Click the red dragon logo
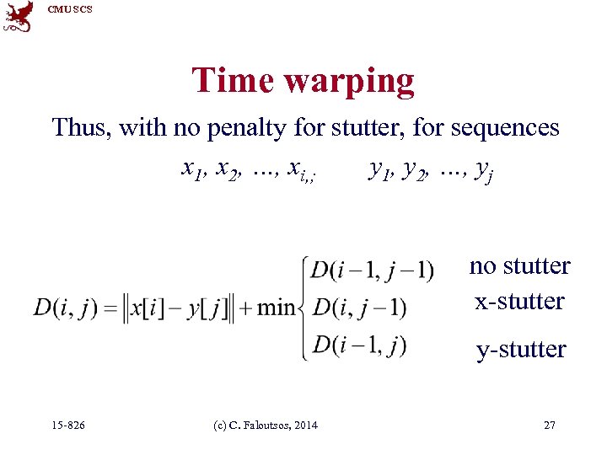point(19,16)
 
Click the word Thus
point(81,127)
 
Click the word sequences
point(505,127)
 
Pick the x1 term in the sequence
point(194,170)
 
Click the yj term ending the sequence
point(484,172)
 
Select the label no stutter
point(519,266)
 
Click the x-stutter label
point(519,302)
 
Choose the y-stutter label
point(520,349)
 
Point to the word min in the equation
point(276,308)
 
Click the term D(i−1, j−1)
point(372,270)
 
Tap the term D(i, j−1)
point(359,308)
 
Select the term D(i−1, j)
point(358,345)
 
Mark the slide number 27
point(550,425)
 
